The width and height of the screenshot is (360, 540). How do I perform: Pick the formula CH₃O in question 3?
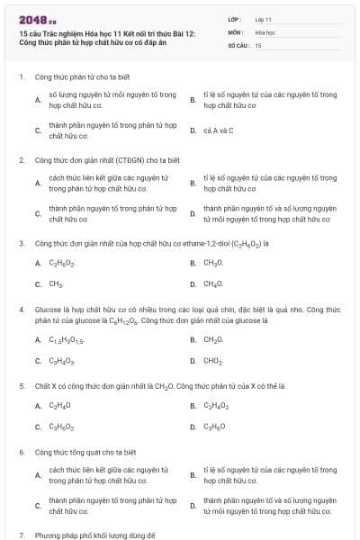[212, 263]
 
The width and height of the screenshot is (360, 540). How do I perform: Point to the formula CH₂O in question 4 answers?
[212, 340]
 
